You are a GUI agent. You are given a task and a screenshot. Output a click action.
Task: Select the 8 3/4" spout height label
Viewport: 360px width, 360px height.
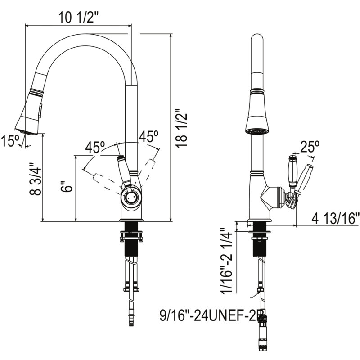[x=36, y=179]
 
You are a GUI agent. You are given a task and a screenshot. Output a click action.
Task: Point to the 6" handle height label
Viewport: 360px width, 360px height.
[x=67, y=186]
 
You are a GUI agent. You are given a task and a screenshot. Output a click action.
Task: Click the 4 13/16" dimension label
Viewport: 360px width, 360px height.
[x=335, y=218]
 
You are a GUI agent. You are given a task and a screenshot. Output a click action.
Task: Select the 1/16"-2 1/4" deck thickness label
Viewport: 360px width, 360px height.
[x=226, y=261]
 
